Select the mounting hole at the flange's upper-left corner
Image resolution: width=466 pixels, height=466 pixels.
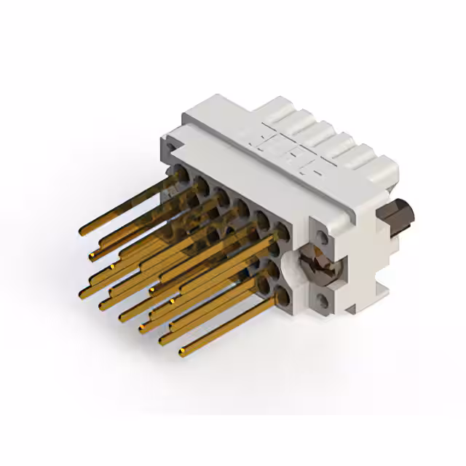172,146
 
